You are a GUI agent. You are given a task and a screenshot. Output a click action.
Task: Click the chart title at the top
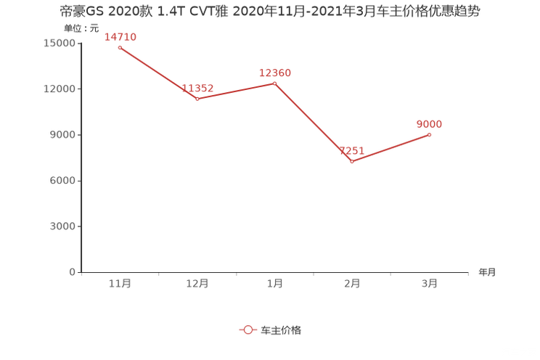click(x=269, y=12)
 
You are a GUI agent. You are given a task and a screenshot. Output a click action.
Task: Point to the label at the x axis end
click(x=487, y=273)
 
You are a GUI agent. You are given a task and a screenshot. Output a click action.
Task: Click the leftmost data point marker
click(x=120, y=48)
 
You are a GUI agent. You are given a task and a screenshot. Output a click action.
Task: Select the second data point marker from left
click(x=197, y=99)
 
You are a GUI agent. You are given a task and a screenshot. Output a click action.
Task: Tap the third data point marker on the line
click(x=275, y=83)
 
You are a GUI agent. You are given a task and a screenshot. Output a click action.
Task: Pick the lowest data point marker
click(x=353, y=161)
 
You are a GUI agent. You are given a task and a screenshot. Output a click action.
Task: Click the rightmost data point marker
click(x=430, y=134)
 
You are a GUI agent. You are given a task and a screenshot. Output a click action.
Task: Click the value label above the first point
click(x=120, y=36)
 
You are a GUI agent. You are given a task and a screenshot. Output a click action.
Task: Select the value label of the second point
click(x=197, y=88)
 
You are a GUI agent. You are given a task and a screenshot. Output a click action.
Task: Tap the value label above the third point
click(x=275, y=72)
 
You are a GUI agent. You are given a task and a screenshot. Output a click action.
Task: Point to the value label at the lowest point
click(x=353, y=151)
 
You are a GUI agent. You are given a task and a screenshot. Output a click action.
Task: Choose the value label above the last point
click(x=430, y=123)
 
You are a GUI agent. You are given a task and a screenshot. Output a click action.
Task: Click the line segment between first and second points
click(x=158, y=73)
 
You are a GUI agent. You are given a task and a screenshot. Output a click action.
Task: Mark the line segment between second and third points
click(x=236, y=91)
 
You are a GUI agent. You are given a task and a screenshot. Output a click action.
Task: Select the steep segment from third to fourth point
click(x=314, y=122)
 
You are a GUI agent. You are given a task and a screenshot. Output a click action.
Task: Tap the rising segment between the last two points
click(x=392, y=147)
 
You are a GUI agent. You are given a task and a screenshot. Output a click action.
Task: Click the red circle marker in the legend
click(x=247, y=330)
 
